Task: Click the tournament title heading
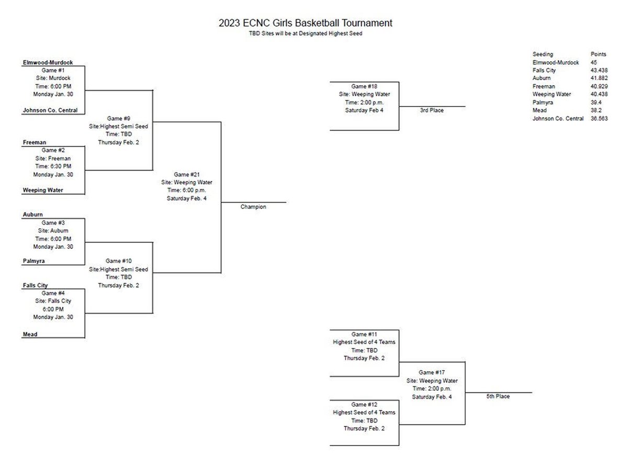(x=306, y=23)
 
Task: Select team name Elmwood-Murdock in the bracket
(x=47, y=62)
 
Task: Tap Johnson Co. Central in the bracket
(x=50, y=110)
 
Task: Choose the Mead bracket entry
(x=30, y=334)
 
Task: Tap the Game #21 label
(x=186, y=174)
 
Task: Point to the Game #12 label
(x=364, y=404)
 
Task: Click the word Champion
(x=253, y=207)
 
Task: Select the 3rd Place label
(x=432, y=110)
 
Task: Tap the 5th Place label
(x=498, y=396)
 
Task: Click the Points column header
(x=598, y=54)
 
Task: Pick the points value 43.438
(x=599, y=70)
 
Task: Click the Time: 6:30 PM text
(x=52, y=166)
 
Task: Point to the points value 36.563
(x=599, y=118)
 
